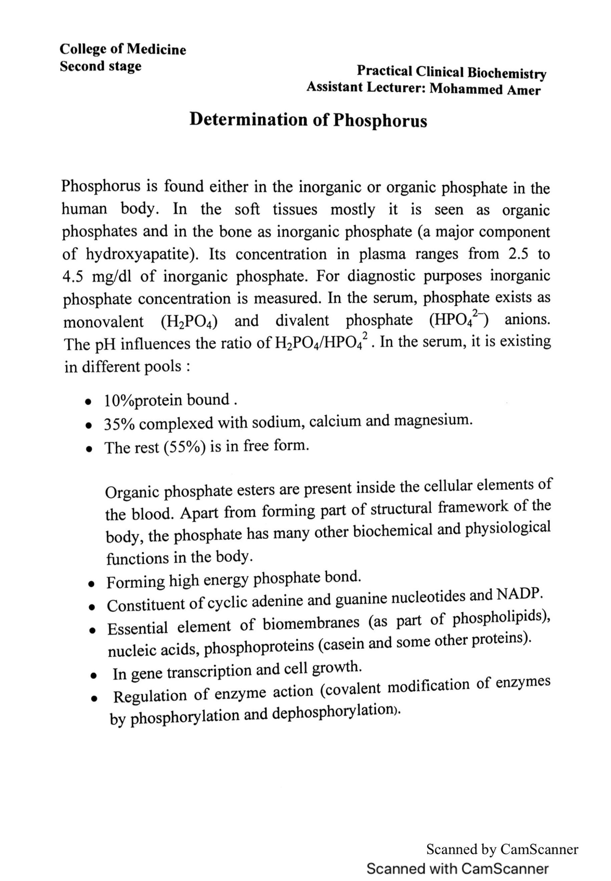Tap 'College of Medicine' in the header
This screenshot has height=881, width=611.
pyautogui.click(x=123, y=49)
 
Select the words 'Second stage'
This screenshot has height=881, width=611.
pyautogui.click(x=100, y=66)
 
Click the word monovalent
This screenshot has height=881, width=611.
pyautogui.click(x=103, y=322)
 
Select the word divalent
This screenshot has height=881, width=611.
pyautogui.click(x=302, y=321)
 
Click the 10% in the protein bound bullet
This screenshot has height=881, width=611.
pyautogui.click(x=118, y=401)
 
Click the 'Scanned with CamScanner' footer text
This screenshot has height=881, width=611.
pyautogui.click(x=457, y=868)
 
